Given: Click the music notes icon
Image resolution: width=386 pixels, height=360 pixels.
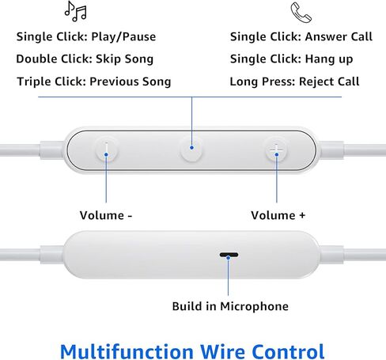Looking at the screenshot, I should (x=76, y=11).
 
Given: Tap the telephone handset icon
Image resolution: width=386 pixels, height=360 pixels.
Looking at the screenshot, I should (x=301, y=12).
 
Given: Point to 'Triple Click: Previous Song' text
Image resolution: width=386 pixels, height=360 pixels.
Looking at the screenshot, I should (x=93, y=81).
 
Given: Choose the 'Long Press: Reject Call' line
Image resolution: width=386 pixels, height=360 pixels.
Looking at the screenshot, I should (x=294, y=81).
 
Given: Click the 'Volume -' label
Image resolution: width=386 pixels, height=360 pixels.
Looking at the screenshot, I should (x=106, y=215).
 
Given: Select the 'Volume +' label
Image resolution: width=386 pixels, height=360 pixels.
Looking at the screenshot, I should (x=278, y=215).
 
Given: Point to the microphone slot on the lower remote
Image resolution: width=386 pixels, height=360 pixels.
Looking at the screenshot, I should (x=229, y=256).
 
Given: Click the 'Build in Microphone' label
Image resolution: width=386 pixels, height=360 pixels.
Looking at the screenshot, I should (x=230, y=306).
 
